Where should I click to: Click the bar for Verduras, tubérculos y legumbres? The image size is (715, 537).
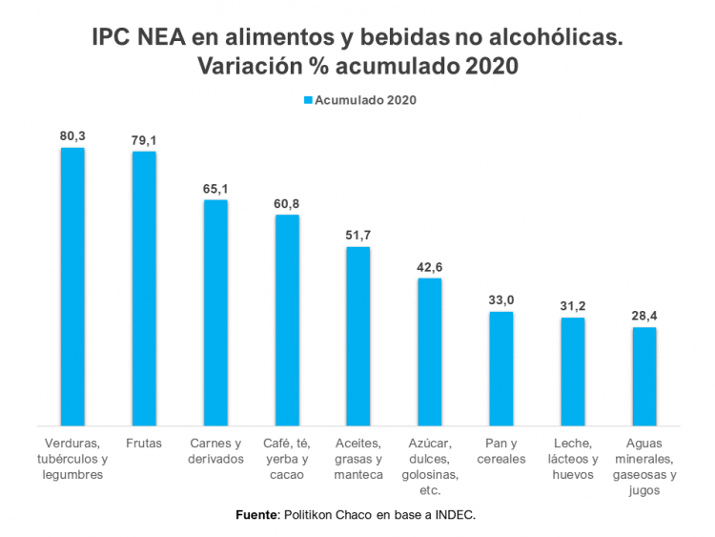click(72, 286)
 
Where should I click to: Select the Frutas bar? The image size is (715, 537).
click(144, 288)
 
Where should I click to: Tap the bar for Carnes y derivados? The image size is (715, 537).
click(215, 312)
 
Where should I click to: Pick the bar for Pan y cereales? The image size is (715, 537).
click(501, 368)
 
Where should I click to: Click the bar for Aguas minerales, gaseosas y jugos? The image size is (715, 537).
click(644, 376)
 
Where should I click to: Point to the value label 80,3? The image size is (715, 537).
click(72, 136)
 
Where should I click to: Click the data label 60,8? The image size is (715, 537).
click(287, 203)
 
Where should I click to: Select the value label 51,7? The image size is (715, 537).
click(358, 236)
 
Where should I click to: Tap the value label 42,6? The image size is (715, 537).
click(430, 267)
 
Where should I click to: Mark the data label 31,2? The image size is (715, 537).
click(573, 306)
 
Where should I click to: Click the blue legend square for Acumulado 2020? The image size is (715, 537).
click(307, 99)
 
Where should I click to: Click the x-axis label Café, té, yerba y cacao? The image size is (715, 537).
click(287, 459)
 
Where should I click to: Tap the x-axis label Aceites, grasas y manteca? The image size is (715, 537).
click(358, 459)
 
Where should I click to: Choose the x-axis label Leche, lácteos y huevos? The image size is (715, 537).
click(573, 459)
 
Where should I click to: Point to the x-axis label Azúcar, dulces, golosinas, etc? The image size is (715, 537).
click(430, 466)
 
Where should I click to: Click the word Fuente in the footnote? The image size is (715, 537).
click(255, 515)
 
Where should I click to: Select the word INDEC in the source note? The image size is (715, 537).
click(455, 515)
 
